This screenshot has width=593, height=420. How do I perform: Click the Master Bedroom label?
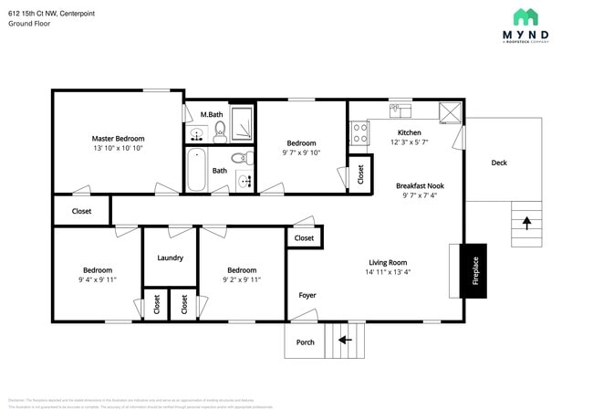118,138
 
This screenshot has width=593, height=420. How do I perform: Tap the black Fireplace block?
474,270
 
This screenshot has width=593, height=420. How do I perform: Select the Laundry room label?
170,257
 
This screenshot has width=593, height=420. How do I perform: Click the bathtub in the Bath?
196,170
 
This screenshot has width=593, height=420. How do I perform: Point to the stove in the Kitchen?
359,134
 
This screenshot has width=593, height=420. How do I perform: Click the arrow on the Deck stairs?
525,222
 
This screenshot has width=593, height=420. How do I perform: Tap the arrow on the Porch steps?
346,341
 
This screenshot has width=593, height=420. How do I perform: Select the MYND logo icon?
525,17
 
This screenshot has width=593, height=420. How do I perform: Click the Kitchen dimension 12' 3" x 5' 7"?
409,142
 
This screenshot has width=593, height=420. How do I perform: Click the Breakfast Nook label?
420,185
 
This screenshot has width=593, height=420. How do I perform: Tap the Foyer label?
307,295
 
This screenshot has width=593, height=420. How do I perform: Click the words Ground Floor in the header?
30,24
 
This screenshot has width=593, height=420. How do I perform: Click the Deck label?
499,163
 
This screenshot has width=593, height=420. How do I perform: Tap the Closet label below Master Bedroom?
81,211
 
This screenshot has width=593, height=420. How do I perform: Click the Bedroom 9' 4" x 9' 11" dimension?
98,280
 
